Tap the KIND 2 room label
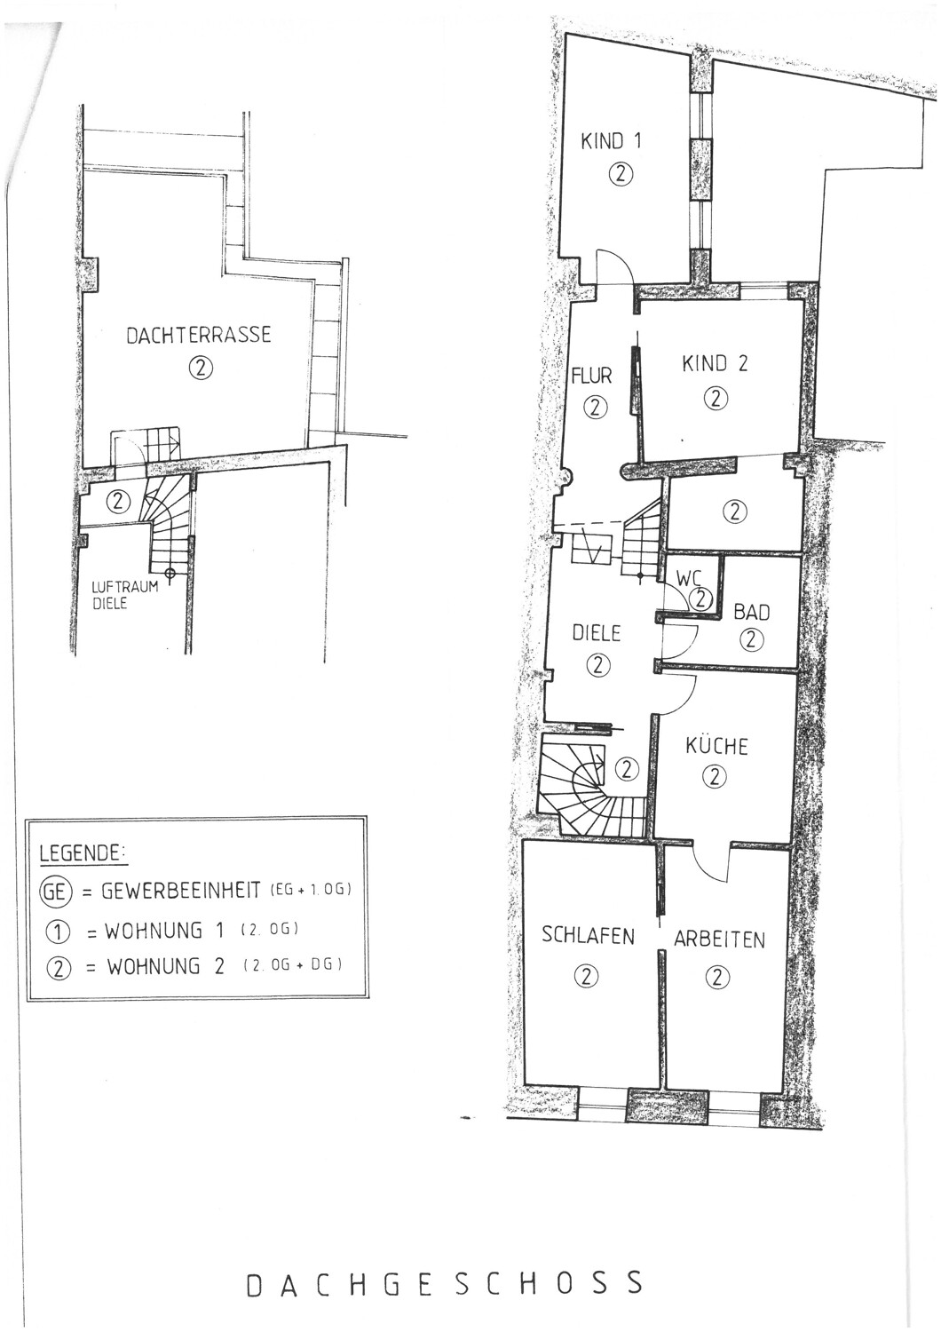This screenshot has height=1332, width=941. coord(715,363)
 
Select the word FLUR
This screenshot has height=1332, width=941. coord(591,377)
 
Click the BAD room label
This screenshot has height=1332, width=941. coord(752,612)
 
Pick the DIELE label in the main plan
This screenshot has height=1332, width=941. coord(597,633)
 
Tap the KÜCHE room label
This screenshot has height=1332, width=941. coord(716,746)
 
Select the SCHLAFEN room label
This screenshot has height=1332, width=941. coord(588,935)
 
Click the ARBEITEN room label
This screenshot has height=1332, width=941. coord(719,940)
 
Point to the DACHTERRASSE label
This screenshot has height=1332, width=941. coord(199,335)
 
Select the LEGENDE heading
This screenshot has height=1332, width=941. coord(82,853)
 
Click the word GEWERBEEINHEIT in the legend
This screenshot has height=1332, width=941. coord(181,891)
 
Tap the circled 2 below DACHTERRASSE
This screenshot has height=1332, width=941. coord(201,369)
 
